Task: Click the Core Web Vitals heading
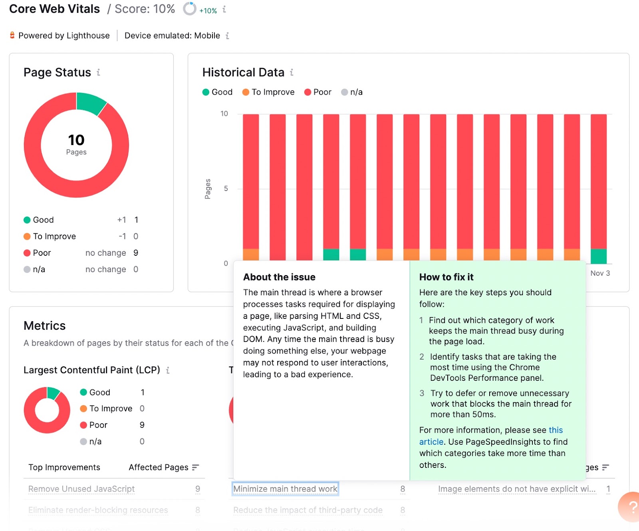pos(55,9)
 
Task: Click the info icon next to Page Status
pos(98,72)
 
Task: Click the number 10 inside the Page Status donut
pos(76,140)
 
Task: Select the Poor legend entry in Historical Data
pos(318,92)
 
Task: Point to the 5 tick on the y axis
pos(226,188)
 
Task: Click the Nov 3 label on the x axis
pos(600,273)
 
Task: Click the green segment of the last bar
pos(598,256)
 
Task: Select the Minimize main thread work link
pos(285,489)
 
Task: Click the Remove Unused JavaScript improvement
pos(81,489)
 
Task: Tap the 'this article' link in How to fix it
pos(556,430)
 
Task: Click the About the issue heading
pos(279,277)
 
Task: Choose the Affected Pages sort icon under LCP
pos(195,467)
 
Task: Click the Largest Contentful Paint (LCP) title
pos(92,370)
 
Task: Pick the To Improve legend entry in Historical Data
pos(268,92)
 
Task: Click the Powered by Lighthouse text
pos(64,36)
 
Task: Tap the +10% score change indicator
pos(208,11)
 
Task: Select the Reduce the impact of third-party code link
pos(308,510)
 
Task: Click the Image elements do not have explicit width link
pos(516,489)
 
